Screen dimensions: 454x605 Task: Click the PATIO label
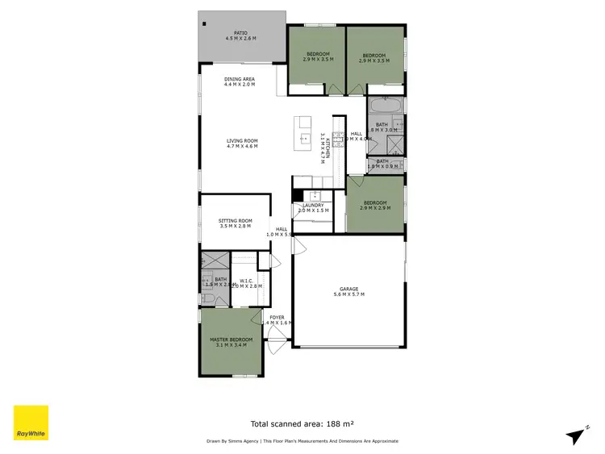coord(242,33)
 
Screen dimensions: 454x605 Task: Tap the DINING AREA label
coord(240,79)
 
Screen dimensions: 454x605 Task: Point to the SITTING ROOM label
coord(236,221)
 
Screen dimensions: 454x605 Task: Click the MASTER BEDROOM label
coord(232,339)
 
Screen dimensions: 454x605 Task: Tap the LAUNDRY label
coord(312,205)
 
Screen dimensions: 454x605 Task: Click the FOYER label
coord(277,317)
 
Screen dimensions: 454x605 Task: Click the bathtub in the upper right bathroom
coord(384,106)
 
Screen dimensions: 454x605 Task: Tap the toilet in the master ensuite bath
coord(207,298)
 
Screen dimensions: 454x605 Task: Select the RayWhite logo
coord(31,422)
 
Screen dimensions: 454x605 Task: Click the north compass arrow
coord(576,435)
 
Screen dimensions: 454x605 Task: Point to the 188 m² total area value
coord(340,423)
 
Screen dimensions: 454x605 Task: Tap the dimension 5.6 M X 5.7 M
coord(348,294)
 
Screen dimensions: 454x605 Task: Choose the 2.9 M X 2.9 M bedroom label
coord(376,208)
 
